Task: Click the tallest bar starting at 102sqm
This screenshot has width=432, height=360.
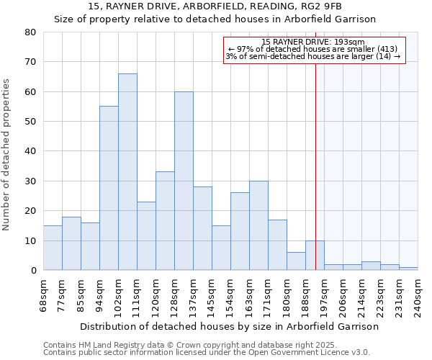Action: click(x=127, y=172)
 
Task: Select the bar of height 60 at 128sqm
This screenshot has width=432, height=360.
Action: click(x=184, y=181)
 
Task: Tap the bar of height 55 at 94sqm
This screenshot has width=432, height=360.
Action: click(x=109, y=188)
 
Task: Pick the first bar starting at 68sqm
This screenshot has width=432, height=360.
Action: click(x=53, y=248)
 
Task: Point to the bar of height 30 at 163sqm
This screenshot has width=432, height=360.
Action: click(x=258, y=225)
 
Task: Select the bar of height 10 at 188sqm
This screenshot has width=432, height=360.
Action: click(x=315, y=255)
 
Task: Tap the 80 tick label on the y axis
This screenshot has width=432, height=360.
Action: click(x=30, y=32)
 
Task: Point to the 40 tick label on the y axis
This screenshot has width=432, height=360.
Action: click(x=30, y=151)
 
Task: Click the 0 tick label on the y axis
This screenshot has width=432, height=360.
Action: click(x=33, y=271)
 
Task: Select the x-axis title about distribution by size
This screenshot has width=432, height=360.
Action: click(x=229, y=326)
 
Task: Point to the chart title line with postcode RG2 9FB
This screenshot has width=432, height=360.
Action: click(x=215, y=6)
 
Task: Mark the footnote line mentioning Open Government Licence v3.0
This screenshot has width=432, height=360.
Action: click(x=207, y=353)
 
